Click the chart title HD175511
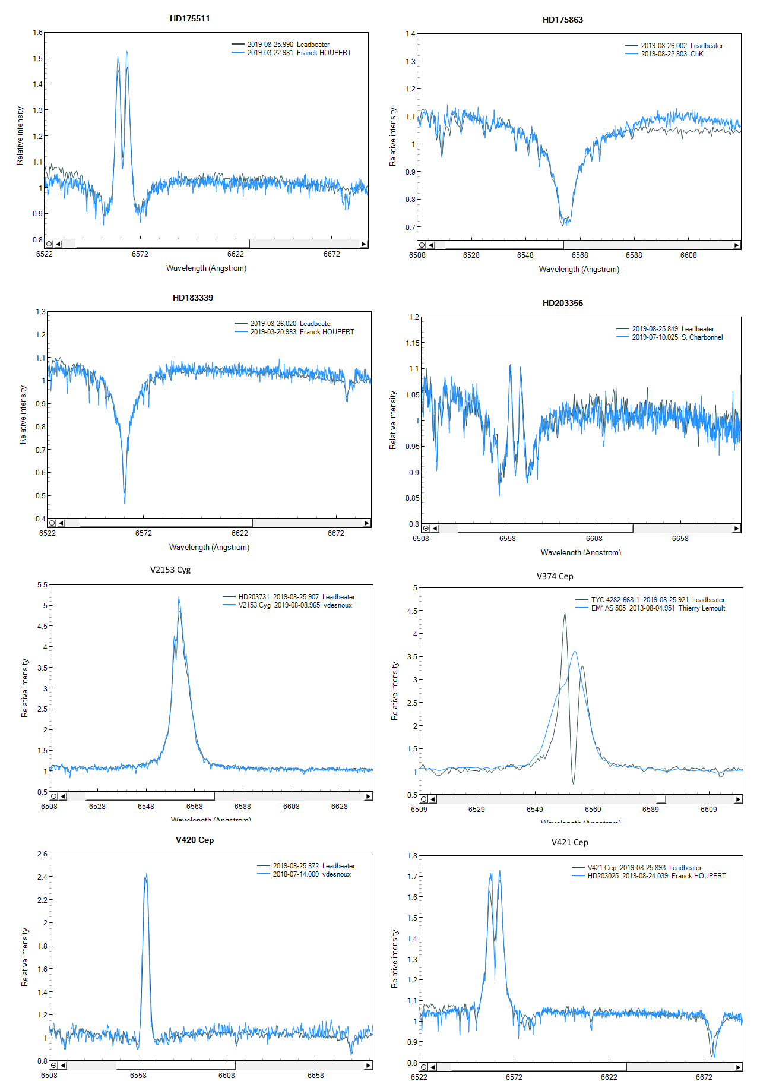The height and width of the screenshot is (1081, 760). [x=189, y=18]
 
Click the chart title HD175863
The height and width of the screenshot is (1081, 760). [x=562, y=20]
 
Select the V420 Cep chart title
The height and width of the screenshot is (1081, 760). [x=194, y=840]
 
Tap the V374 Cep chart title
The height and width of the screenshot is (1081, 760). [x=555, y=576]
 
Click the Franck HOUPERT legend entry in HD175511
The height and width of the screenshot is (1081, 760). [x=299, y=53]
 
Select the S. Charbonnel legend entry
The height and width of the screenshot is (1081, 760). [x=677, y=337]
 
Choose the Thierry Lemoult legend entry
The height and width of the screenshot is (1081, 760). [x=658, y=608]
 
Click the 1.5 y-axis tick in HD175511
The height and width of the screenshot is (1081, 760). [x=38, y=58]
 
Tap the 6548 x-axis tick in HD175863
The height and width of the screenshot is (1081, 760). [x=525, y=255]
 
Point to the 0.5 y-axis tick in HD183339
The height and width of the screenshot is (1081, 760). [x=40, y=496]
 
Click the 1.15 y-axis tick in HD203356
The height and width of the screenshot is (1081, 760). [x=412, y=343]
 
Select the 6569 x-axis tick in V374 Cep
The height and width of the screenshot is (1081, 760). [x=593, y=810]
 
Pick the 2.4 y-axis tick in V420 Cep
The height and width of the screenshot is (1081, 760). [x=42, y=877]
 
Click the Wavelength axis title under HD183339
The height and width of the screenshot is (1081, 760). [x=209, y=547]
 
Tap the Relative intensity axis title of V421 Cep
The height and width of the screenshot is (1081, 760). [x=394, y=959]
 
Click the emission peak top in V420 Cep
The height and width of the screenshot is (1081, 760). [x=146, y=874]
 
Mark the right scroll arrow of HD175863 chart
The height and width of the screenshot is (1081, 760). [x=736, y=245]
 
